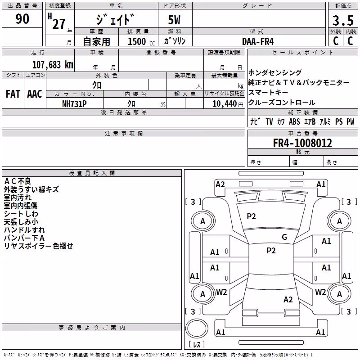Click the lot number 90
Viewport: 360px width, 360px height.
tap(22, 19)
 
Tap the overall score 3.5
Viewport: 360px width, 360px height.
tap(343, 21)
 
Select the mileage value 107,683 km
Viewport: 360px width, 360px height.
tap(53, 65)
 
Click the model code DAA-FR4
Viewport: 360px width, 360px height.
tap(258, 41)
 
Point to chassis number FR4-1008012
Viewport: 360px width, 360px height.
tap(302, 143)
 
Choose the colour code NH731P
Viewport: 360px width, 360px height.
tap(74, 104)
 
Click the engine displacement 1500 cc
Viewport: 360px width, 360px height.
tap(141, 41)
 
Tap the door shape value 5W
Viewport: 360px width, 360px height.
tap(174, 20)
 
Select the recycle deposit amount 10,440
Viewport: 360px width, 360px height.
tap(224, 104)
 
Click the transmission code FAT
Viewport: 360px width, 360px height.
tap(13, 94)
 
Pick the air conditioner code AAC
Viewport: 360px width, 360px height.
tap(35, 94)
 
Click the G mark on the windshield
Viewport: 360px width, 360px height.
tap(284, 237)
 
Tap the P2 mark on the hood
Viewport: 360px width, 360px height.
tap(251, 216)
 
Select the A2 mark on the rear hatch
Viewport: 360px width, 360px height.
tap(288, 300)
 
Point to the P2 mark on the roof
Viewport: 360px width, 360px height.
tap(271, 251)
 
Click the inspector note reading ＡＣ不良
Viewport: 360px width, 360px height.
tap(18, 181)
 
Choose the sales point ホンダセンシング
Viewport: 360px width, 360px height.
tap(275, 72)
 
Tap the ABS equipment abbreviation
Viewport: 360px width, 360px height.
tap(294, 121)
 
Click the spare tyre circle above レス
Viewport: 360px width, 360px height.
tap(197, 328)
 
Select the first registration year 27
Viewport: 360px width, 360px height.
tap(59, 24)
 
